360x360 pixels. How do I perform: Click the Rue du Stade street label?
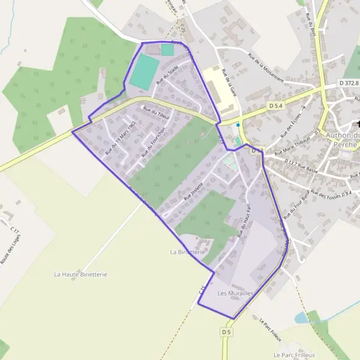(x=167, y=77)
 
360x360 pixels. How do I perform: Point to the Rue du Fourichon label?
(x=152, y=145)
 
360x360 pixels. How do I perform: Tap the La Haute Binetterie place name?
(x=80, y=274)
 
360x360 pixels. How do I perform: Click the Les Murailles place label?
(x=235, y=293)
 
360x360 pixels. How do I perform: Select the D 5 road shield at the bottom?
(x=226, y=332)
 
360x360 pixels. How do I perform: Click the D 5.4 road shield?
(x=276, y=106)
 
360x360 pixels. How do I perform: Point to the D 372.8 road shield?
(x=349, y=82)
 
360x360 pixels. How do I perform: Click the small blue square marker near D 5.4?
(x=238, y=125)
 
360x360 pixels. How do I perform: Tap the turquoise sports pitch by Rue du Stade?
(x=145, y=73)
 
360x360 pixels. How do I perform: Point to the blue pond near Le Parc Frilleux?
(x=302, y=317)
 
